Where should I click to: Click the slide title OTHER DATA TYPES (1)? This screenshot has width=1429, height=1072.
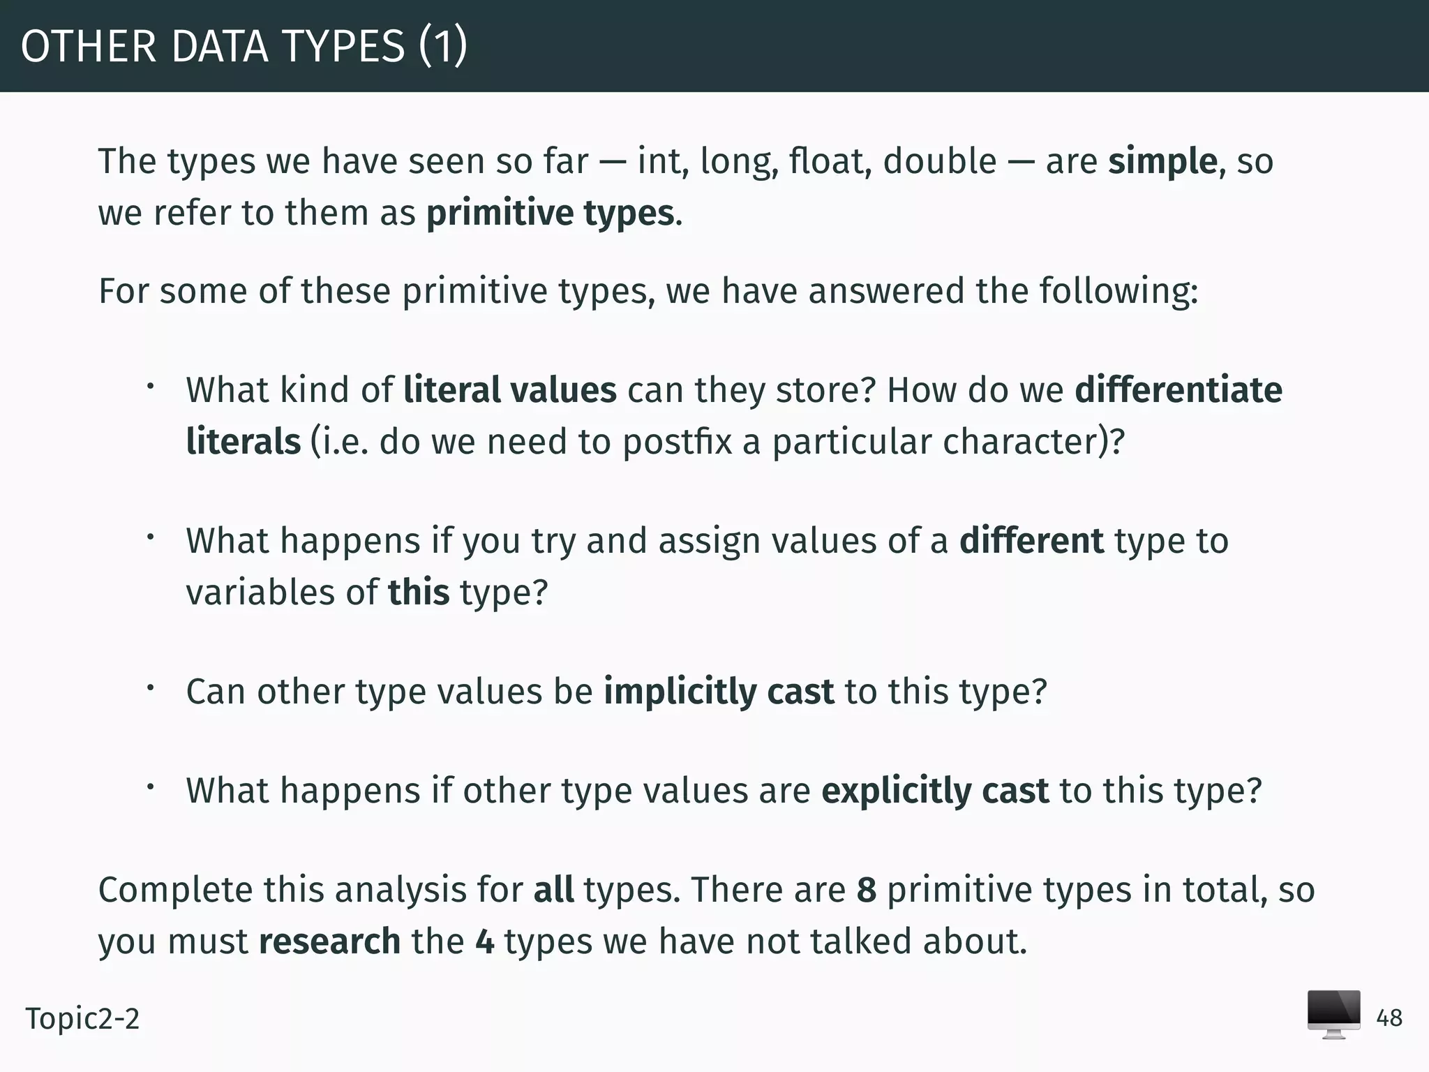coord(244,47)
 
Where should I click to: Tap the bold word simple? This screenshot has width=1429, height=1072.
coord(1162,162)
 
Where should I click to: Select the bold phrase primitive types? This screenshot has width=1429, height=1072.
coord(551,214)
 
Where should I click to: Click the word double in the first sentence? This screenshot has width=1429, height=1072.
coord(939,162)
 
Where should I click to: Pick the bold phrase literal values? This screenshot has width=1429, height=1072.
coord(510,390)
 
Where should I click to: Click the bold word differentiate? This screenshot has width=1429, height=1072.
coord(1179,390)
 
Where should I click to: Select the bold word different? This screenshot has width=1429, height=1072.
coord(1031,541)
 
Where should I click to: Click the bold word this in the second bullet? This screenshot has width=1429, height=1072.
coord(419,593)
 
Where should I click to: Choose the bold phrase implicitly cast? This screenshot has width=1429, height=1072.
coord(719,692)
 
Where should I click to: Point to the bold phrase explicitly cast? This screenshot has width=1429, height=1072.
coord(935,791)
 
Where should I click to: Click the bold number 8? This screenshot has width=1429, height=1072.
coord(866,890)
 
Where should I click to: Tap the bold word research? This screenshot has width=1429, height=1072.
coord(329,941)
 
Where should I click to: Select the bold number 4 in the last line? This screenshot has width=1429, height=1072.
coord(485,941)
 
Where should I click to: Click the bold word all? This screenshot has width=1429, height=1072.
coord(553,890)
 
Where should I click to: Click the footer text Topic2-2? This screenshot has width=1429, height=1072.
coord(82,1019)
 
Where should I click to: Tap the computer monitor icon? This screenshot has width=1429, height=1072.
coord(1333,1014)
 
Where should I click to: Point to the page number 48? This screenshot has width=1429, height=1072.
coord(1389,1018)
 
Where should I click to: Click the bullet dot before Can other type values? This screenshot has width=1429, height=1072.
coord(149,688)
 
